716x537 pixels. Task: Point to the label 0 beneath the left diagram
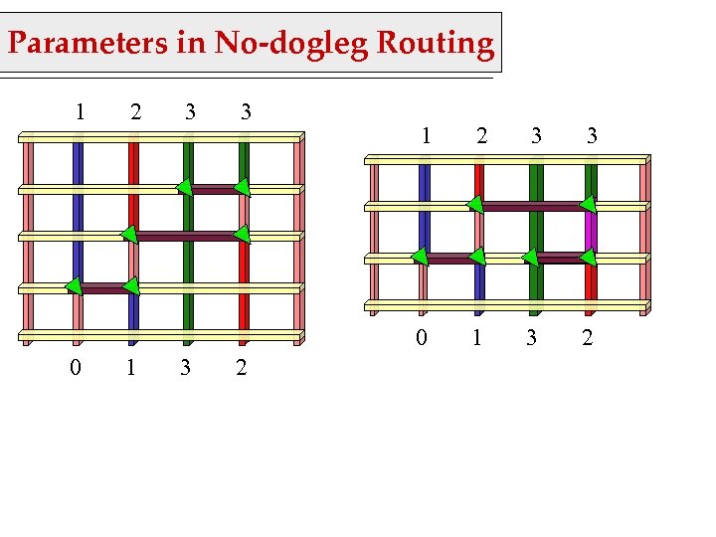[x=75, y=368]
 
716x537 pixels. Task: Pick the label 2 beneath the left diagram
[x=242, y=368]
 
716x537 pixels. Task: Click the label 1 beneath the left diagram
[x=130, y=368]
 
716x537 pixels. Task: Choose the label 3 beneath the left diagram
[x=186, y=368]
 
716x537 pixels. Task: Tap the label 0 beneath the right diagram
[x=422, y=338]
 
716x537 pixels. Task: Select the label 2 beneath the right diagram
[x=588, y=338]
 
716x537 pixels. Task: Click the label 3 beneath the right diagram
[x=532, y=338]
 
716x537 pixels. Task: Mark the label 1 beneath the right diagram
[x=477, y=338]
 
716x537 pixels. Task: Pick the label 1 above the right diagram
[x=427, y=134]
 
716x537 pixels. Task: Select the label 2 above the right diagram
[x=481, y=134]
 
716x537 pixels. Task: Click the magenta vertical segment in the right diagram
[x=591, y=233]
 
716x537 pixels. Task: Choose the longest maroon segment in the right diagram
[x=533, y=207]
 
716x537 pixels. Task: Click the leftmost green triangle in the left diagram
[x=74, y=286]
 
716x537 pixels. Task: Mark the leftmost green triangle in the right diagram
[x=420, y=258]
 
